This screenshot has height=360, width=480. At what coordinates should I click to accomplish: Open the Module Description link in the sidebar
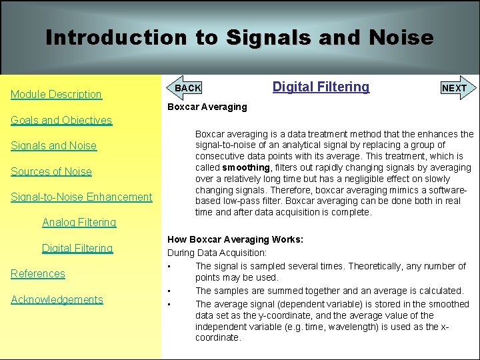coord(56,95)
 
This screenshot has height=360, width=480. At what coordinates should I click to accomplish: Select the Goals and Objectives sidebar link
coord(61,121)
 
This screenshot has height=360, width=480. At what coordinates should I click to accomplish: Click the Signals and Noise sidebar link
coord(53,146)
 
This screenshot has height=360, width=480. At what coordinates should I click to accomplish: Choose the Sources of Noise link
coord(51,171)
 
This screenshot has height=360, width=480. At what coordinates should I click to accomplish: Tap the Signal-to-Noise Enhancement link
coord(81,197)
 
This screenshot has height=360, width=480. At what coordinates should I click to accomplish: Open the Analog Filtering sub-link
coord(79,223)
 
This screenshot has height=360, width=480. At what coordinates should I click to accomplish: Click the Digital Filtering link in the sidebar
coord(77,248)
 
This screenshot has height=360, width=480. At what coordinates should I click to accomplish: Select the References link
coord(38,274)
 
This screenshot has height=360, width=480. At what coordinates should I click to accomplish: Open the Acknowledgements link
coord(57,299)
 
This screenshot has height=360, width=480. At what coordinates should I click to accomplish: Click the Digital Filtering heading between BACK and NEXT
coord(321,87)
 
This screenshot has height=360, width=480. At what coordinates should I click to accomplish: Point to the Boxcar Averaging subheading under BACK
coord(207,107)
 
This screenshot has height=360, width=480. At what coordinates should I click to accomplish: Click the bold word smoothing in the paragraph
coord(245,167)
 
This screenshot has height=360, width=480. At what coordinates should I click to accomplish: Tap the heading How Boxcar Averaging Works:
coord(235,239)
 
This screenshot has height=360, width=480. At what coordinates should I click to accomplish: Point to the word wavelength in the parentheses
coord(391,327)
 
